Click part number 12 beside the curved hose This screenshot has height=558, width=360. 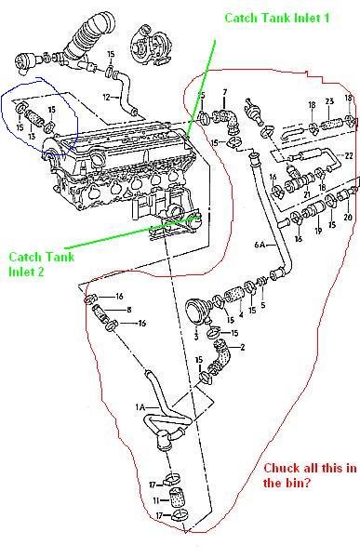(107, 96)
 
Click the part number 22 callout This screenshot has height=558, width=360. (348, 154)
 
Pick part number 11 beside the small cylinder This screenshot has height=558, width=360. (154, 501)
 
